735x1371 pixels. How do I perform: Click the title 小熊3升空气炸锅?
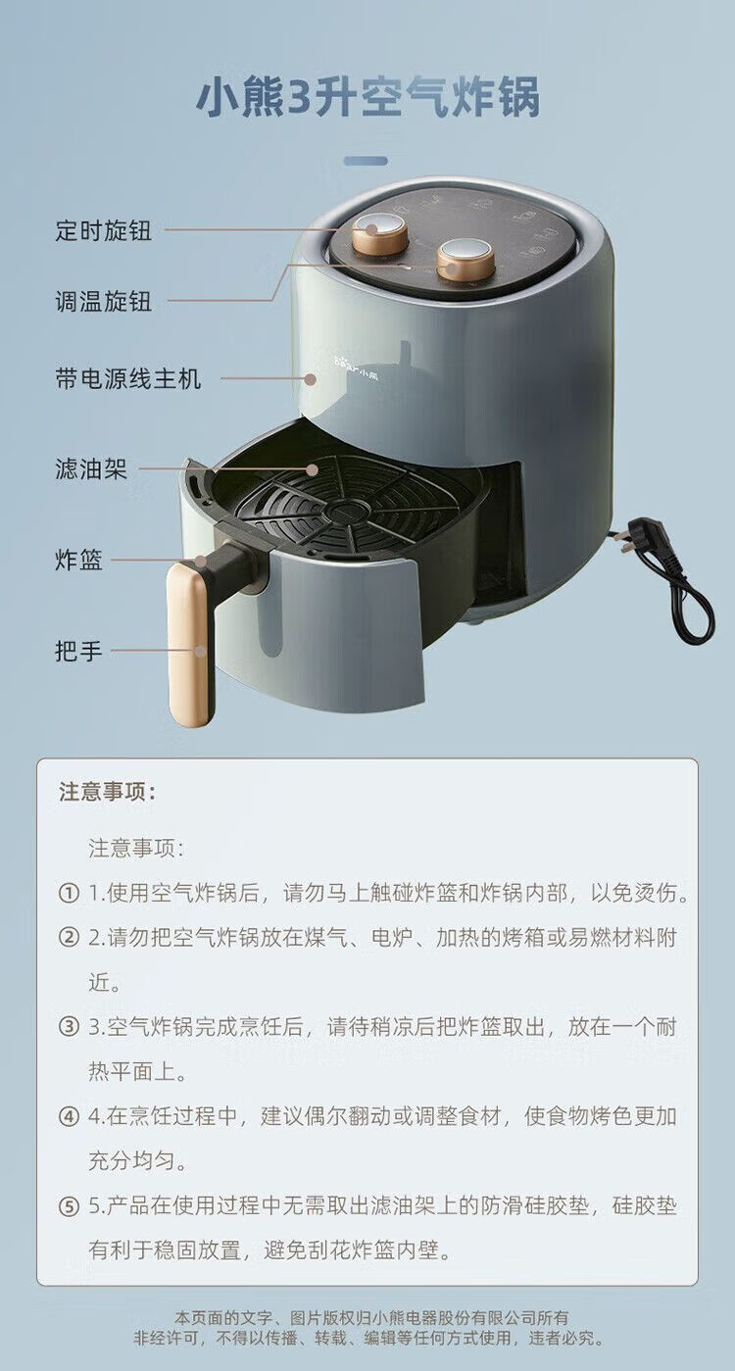(367, 96)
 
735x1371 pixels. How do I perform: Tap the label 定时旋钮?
(104, 230)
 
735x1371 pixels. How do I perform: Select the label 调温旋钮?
(104, 301)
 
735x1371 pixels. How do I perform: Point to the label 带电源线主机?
(128, 378)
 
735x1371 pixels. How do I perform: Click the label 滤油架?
(91, 468)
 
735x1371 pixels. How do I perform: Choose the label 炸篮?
(79, 560)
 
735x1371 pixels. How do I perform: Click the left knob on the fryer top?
(380, 234)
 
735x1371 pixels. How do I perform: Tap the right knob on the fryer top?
(465, 260)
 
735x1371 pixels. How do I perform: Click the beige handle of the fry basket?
(190, 645)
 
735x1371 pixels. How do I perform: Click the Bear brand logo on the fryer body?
(356, 372)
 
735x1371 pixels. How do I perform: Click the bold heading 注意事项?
(108, 792)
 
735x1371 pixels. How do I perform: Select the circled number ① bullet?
(69, 894)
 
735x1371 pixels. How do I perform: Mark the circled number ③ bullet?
(69, 1026)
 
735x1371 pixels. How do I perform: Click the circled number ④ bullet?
(69, 1116)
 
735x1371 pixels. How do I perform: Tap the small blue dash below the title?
(366, 161)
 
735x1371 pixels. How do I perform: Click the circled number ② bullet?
(69, 937)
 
